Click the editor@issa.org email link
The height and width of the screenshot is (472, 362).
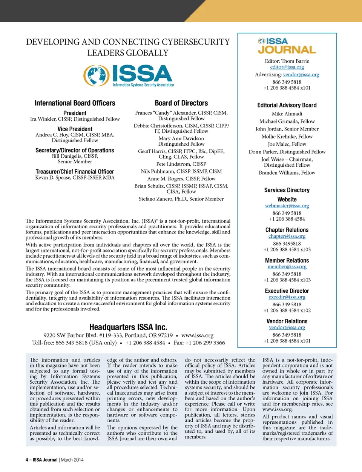pos(287,67)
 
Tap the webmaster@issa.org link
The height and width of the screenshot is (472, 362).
pos(287,206)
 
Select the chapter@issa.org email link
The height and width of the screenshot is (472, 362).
pos(287,236)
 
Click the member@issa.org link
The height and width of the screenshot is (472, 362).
pos(287,267)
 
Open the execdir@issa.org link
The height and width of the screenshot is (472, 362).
pos(287,297)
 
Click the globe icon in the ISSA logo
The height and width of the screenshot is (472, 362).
pos(97,75)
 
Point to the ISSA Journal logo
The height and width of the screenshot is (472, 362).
pos(287,46)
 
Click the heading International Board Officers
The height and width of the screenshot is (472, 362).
pos(75,103)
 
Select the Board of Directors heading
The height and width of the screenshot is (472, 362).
pos(181,103)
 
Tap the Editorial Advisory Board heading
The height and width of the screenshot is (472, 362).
pos(287,105)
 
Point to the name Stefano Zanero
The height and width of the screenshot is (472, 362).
pos(155,199)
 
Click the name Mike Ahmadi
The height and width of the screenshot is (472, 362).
pos(287,114)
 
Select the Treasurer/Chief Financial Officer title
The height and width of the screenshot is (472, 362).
pos(75,172)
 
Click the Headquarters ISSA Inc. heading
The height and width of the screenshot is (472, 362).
pos(128,327)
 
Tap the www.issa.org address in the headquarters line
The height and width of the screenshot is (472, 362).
pos(197,335)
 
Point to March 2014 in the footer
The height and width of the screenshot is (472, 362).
pos(72,460)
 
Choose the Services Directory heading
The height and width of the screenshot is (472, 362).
pos(287,190)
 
